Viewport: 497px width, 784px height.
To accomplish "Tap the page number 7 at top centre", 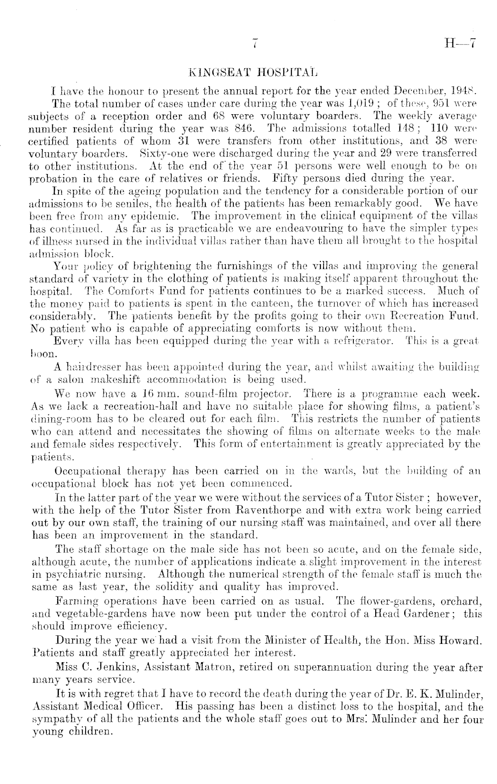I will (x=255, y=44).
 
